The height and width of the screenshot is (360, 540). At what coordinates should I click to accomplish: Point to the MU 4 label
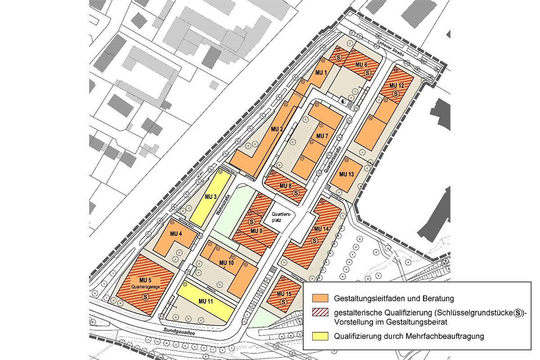176,234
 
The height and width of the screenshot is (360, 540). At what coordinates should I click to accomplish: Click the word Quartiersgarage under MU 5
145,286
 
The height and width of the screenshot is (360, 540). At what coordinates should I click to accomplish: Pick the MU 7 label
323,136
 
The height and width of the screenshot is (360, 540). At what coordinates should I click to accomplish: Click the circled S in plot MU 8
296,193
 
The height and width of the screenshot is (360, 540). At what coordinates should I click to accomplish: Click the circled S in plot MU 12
396,94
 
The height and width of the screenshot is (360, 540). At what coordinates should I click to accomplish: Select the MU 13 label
346,174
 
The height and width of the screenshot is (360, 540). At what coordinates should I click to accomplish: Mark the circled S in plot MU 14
321,242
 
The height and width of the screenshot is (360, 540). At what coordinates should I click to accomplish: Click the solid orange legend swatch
320,298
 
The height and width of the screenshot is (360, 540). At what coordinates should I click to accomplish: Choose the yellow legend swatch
320,336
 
